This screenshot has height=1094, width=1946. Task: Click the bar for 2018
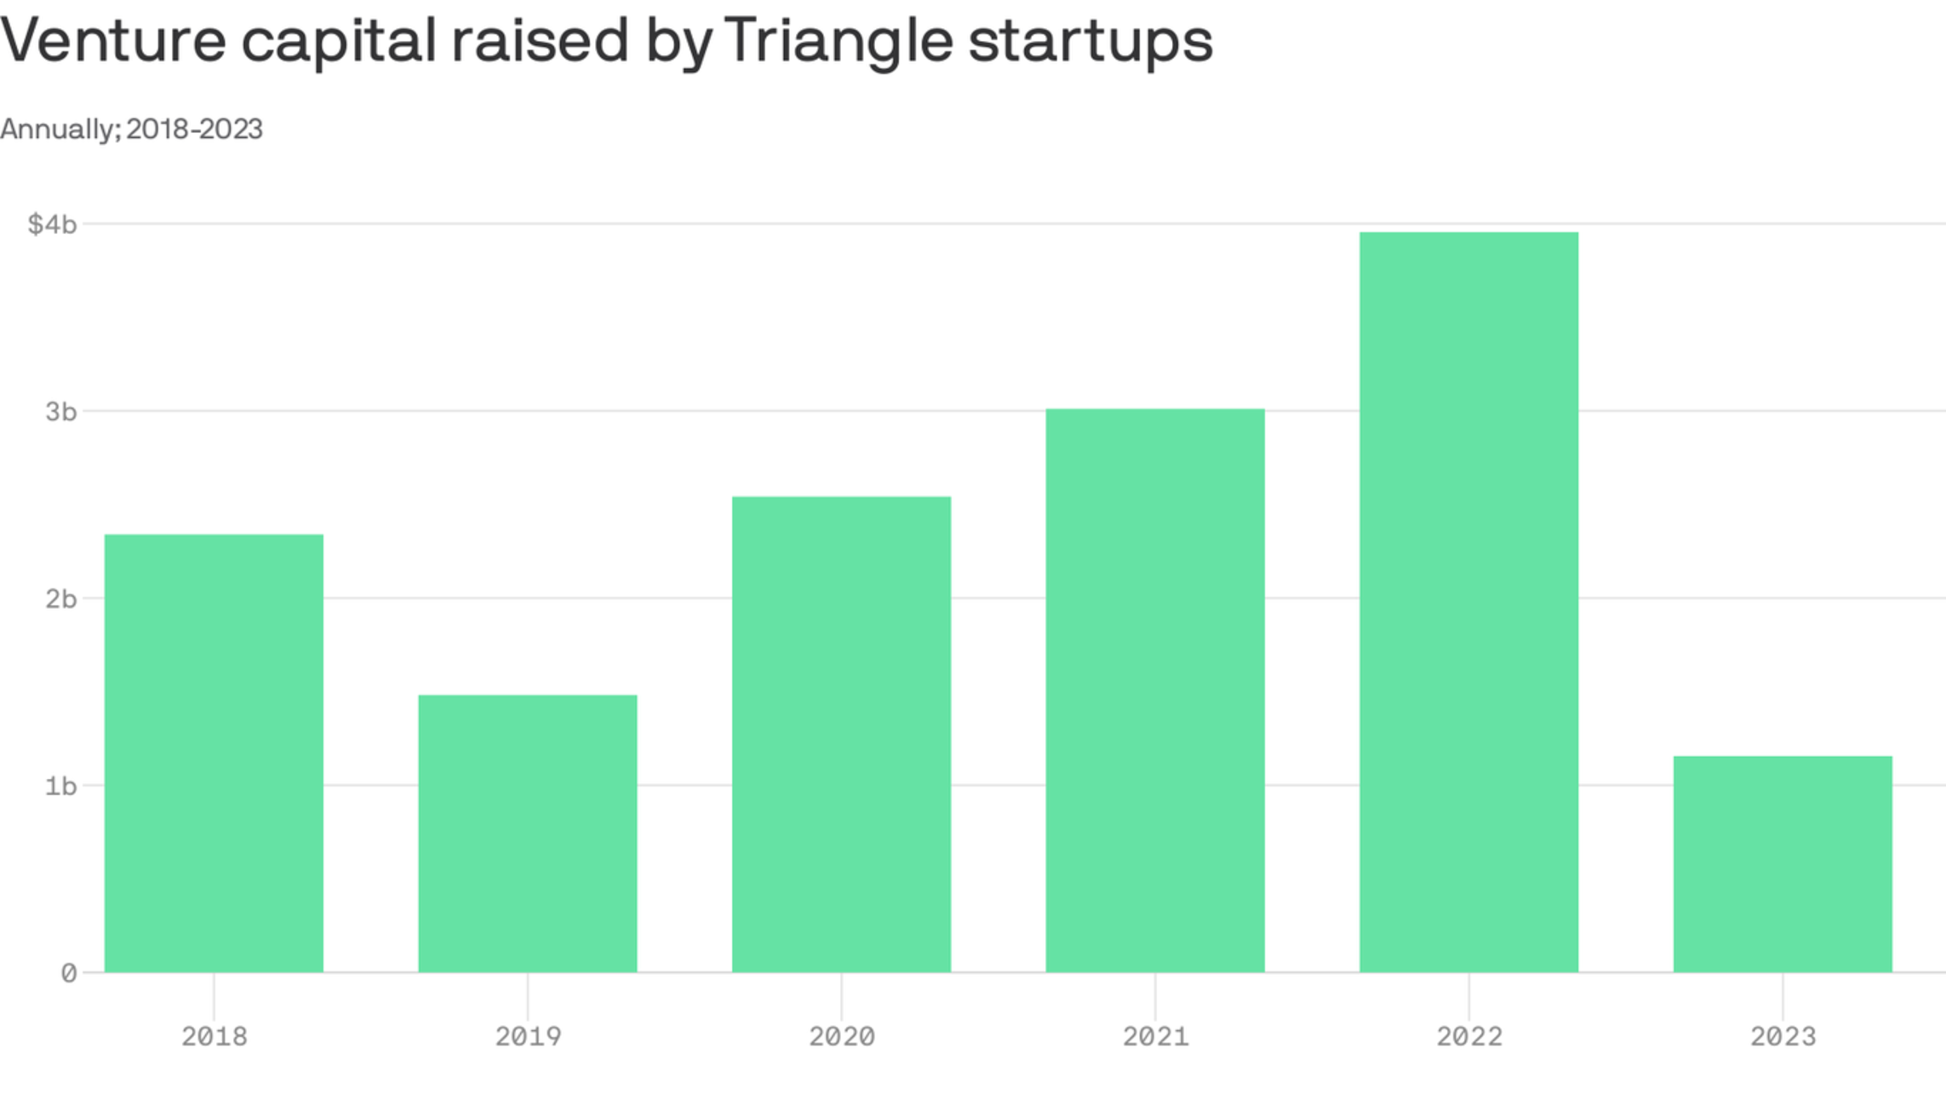(x=214, y=753)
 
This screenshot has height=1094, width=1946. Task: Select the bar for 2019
(x=528, y=833)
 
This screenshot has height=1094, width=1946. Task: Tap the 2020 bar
(x=841, y=734)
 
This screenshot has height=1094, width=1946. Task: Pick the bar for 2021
(x=1155, y=690)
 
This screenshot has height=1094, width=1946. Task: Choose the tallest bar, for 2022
(x=1468, y=602)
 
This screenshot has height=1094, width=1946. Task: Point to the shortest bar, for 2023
(x=1783, y=864)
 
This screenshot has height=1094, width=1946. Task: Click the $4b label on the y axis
(x=53, y=225)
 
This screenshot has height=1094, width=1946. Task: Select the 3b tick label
(x=60, y=412)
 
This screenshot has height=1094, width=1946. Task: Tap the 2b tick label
(x=60, y=599)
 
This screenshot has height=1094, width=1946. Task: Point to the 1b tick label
(x=60, y=786)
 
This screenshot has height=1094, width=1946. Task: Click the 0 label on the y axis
(x=69, y=973)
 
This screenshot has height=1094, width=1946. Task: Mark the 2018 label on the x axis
(x=214, y=1037)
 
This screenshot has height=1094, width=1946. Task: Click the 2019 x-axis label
(x=528, y=1037)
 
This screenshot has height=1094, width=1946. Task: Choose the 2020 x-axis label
(x=841, y=1037)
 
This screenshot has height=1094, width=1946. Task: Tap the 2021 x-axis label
(x=1155, y=1037)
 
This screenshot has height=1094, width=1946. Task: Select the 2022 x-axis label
(x=1468, y=1037)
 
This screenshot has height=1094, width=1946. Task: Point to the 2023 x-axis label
(x=1783, y=1037)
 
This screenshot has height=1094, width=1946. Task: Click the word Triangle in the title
(x=838, y=41)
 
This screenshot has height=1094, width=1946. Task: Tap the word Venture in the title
(x=112, y=41)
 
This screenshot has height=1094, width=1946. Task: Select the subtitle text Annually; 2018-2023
(x=131, y=129)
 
